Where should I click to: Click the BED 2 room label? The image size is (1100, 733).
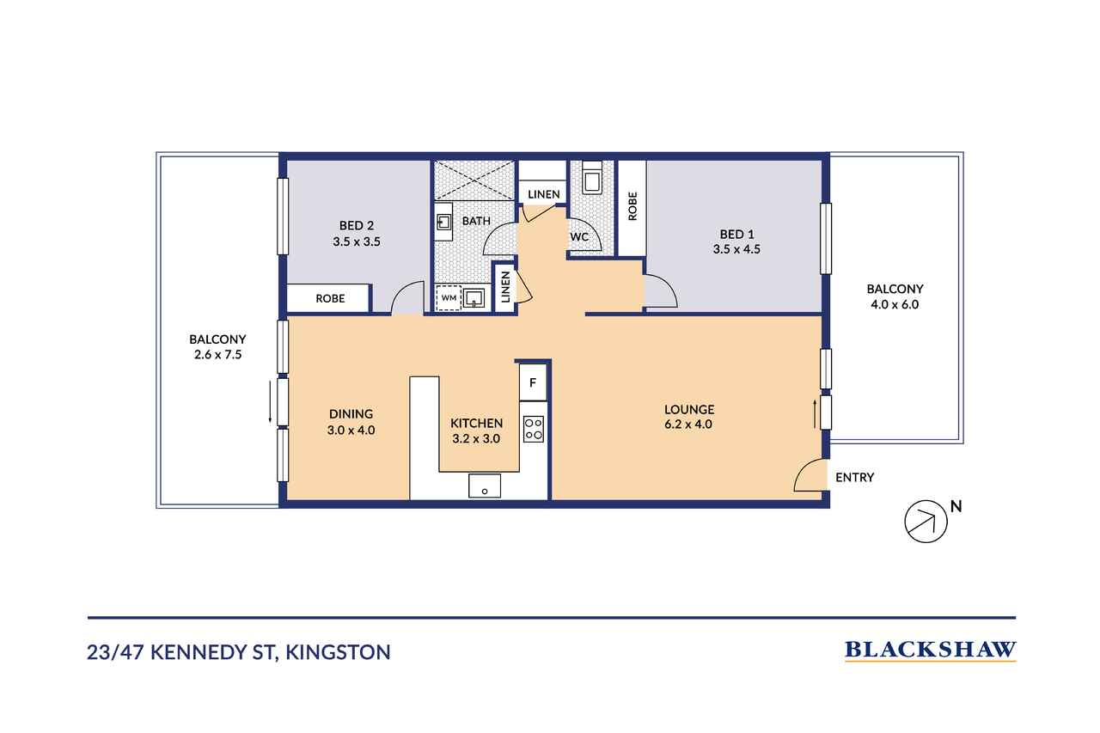(357, 226)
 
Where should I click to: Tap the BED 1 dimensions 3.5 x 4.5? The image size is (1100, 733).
(736, 249)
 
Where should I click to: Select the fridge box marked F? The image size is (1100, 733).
(534, 382)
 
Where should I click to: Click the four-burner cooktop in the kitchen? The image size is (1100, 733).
(534, 429)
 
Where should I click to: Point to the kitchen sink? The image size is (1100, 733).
(485, 486)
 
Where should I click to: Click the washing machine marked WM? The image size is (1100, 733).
(449, 298)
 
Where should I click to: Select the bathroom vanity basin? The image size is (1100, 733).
(444, 223)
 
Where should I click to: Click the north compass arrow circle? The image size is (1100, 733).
(926, 522)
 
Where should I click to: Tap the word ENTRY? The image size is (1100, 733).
(855, 477)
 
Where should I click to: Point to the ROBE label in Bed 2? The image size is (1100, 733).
(330, 298)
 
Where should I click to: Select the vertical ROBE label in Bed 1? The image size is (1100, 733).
(632, 206)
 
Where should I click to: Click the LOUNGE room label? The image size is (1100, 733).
(689, 409)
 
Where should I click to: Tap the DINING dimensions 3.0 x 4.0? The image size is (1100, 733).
(351, 431)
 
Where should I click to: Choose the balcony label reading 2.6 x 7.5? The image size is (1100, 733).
(218, 355)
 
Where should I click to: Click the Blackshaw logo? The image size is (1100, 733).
(930, 651)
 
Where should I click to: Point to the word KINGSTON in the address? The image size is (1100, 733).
(338, 652)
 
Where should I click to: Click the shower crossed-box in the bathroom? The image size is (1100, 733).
(474, 180)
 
